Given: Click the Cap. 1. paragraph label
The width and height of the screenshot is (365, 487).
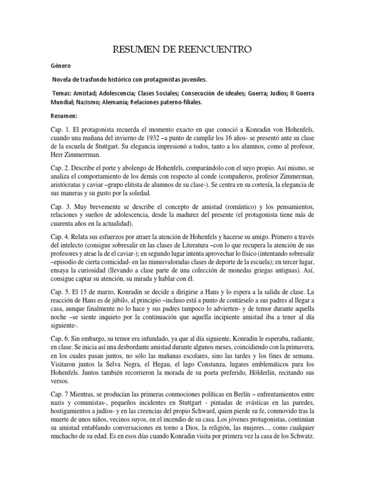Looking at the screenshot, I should (60, 129).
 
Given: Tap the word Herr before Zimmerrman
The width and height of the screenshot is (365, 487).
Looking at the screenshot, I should (59, 155).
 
